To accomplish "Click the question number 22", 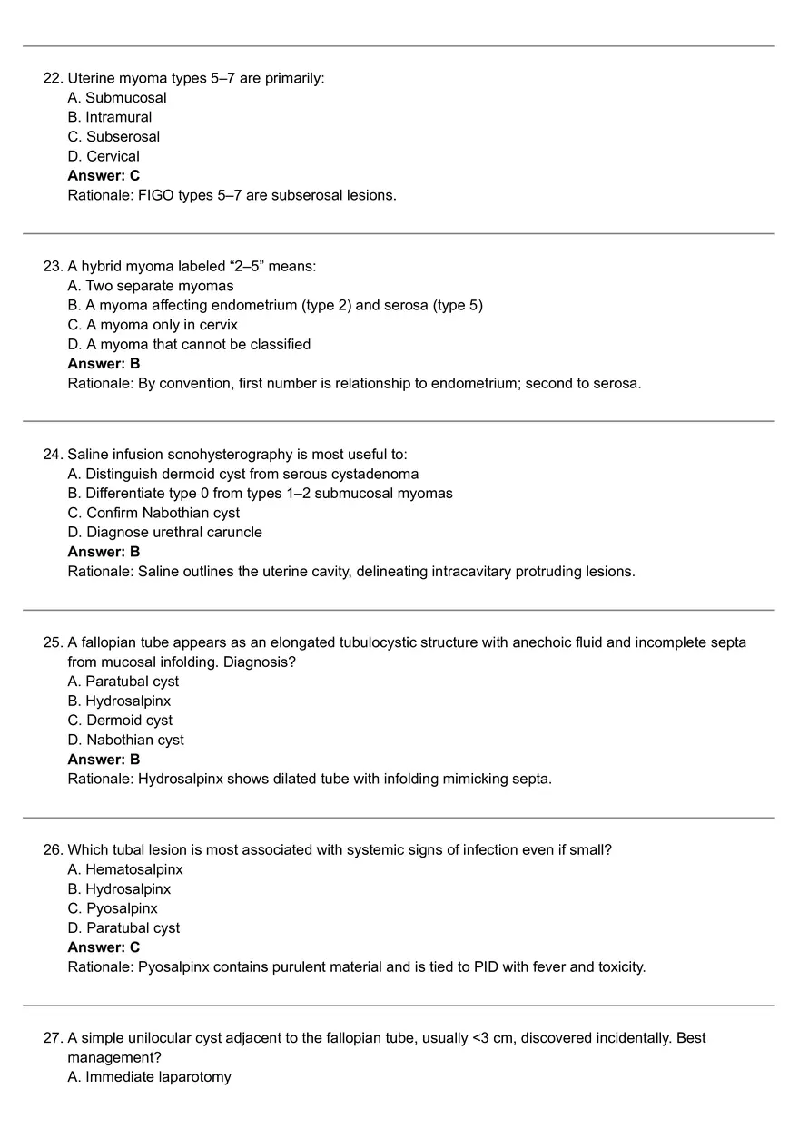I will tap(53, 78).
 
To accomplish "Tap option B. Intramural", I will tap(110, 117).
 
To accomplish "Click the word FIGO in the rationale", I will tap(155, 195).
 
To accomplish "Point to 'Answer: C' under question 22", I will tap(104, 176).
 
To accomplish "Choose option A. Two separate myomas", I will tap(151, 286).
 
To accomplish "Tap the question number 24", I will tap(53, 454).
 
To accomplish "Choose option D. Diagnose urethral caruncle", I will tap(164, 533).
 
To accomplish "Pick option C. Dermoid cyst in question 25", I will tap(120, 721).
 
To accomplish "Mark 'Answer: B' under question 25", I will tap(104, 760).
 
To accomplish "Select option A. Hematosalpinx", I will tap(125, 869).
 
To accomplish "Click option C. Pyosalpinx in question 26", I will tap(113, 908).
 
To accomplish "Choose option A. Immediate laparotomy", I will tap(149, 1077).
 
